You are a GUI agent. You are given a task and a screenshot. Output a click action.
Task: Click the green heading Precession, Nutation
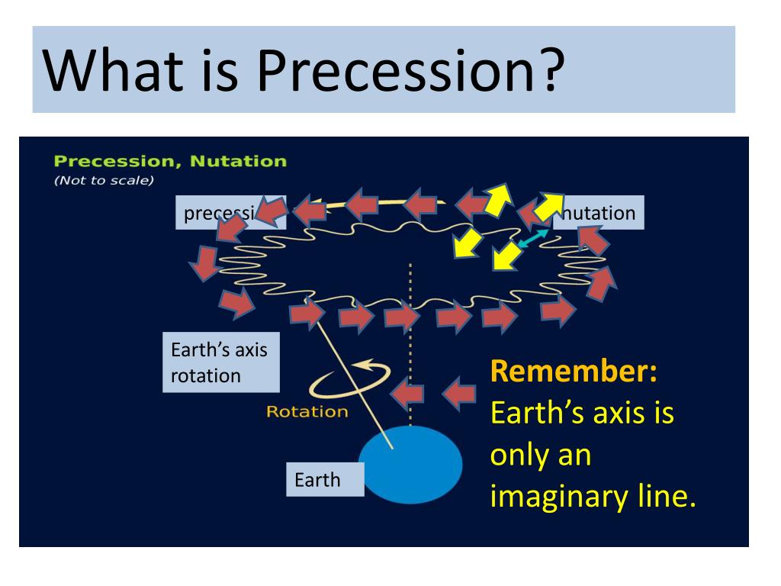(170, 161)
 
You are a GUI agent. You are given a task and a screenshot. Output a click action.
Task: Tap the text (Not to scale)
(104, 181)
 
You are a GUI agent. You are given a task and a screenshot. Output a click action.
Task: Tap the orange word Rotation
(307, 412)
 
